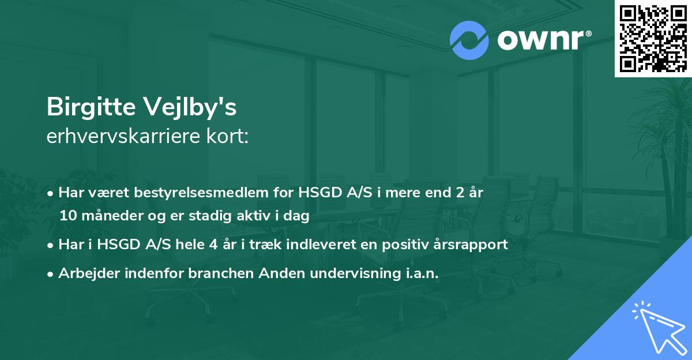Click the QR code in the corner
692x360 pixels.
[653, 38]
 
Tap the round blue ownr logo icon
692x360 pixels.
[469, 40]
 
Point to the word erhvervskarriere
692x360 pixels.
[123, 137]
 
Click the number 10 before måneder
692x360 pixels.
[67, 216]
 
